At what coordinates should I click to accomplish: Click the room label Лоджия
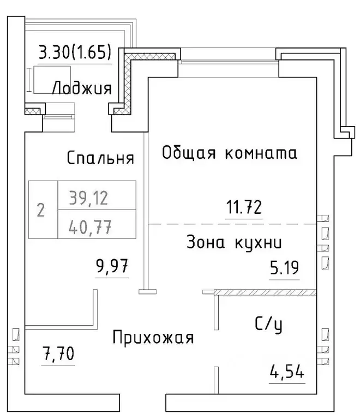[82, 88]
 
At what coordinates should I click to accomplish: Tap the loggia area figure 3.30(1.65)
[75, 53]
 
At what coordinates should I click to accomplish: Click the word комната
[261, 153]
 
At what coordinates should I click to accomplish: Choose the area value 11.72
[244, 207]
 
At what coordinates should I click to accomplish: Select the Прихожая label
[153, 338]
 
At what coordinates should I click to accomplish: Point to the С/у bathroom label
[268, 325]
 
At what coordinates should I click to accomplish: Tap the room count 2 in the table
[40, 209]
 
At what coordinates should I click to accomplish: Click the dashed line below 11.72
[232, 224]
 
